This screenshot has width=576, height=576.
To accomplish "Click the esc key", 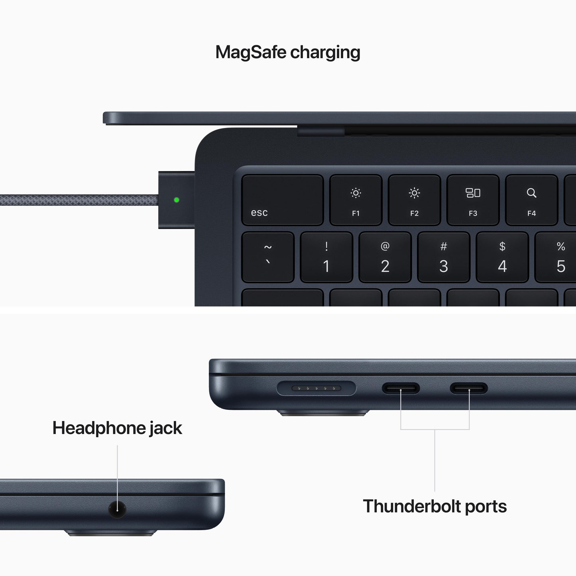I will pos(282,200).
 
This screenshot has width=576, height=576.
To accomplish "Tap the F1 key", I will pos(356,200).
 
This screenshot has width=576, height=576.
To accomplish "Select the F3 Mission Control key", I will pos(473,200).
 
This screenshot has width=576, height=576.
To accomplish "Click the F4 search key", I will pos(531,200).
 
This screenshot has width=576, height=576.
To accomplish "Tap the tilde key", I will pos(268,257).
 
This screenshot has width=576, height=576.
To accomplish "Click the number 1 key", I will pos(326,257).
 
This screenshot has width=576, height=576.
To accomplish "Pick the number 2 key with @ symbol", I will pos(385,257).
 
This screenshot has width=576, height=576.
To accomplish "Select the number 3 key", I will pos(444,257).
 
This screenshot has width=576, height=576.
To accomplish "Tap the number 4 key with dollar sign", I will pos(502,257).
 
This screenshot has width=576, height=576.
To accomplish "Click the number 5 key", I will pos(558,257).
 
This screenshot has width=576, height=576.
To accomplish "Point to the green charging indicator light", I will pos(177,200).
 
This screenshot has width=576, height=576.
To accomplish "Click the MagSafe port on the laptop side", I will pos(316,388).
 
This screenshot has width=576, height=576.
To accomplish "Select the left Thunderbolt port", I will pos(401,388).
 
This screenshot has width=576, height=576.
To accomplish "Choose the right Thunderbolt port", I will pos(469,388).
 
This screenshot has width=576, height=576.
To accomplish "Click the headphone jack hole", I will pos(117,510).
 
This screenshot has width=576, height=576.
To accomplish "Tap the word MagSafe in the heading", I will pos(251,52).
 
